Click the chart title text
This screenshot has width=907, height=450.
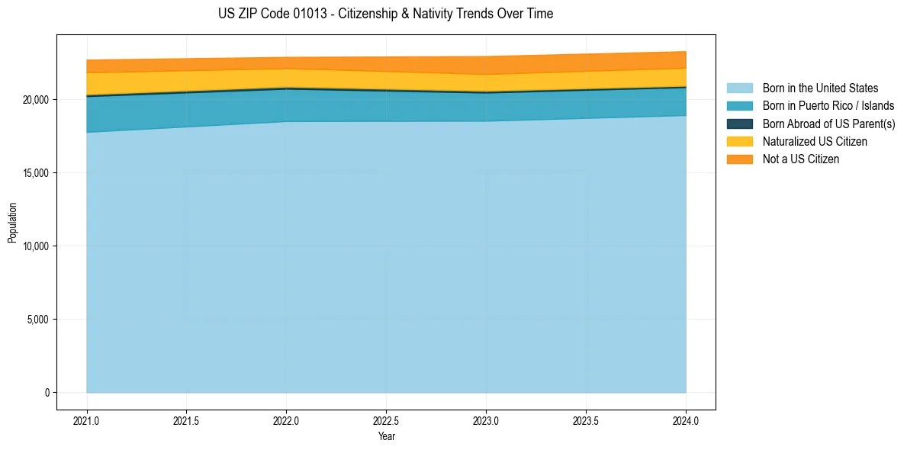click(385, 14)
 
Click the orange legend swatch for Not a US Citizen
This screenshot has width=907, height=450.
click(739, 159)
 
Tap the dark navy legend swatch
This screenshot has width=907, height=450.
click(739, 124)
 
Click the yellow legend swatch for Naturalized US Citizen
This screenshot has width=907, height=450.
click(739, 141)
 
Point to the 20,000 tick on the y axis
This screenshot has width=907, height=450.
click(35, 100)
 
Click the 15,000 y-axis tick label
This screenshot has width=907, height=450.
click(35, 173)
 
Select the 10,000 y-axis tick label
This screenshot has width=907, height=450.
click(35, 246)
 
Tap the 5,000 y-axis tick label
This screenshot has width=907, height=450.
click(37, 320)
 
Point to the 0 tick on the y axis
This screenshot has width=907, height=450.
click(46, 393)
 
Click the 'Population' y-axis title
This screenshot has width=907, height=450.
click(12, 222)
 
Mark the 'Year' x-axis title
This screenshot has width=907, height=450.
click(386, 436)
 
